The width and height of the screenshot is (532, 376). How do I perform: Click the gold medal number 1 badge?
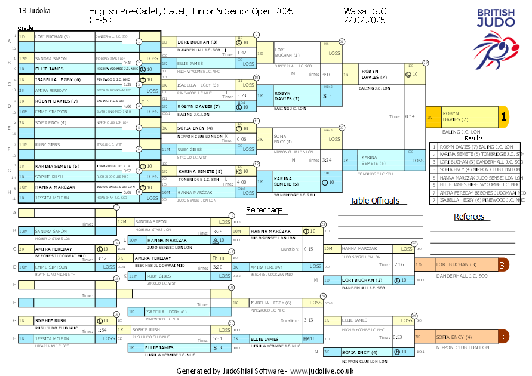[x=503, y=117]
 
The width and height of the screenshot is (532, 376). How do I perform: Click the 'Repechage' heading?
[x=265, y=210]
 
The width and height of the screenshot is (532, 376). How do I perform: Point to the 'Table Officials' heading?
[x=374, y=201]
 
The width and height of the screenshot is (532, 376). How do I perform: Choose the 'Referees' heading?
[x=469, y=217]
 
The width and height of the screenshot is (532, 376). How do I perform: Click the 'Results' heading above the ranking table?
[x=473, y=138]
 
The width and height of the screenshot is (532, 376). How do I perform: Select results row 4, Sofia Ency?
[x=475, y=169]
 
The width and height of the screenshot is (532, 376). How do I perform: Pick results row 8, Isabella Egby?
[x=475, y=200]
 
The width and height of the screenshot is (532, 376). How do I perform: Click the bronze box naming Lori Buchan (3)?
[x=457, y=264]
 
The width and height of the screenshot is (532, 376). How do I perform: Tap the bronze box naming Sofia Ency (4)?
[x=457, y=337]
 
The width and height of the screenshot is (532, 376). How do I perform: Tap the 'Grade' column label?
[x=25, y=28]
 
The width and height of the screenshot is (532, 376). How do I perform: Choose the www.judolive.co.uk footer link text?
[x=322, y=371]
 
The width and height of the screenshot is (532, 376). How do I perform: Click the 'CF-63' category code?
[x=99, y=20]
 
